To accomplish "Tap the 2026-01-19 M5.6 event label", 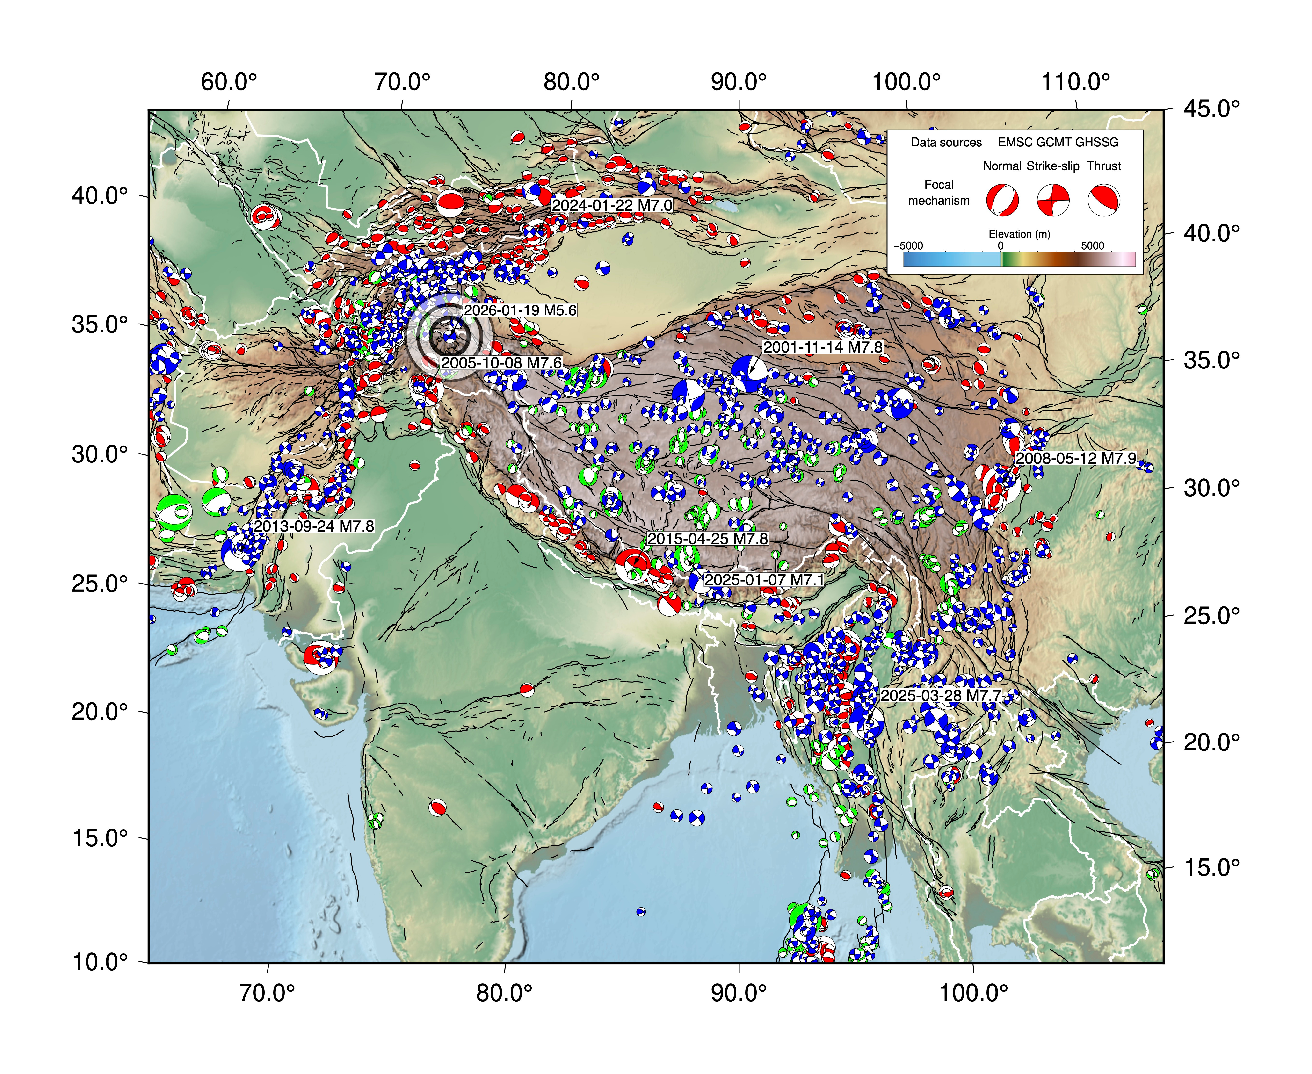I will (x=520, y=310).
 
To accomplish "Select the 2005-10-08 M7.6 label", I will (x=501, y=362).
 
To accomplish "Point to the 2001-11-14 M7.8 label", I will (x=822, y=347).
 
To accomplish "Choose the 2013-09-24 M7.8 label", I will (x=314, y=526).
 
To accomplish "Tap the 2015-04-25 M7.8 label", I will (x=707, y=539).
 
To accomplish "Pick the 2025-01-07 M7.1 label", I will (x=764, y=580).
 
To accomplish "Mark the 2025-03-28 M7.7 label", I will (x=940, y=695).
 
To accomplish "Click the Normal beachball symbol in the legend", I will (x=1002, y=200).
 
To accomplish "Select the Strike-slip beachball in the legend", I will (x=1053, y=200).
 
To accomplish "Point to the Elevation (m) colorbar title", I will (x=1019, y=234).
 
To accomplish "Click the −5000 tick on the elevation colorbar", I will (x=908, y=246).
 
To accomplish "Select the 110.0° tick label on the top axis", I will (x=1076, y=81).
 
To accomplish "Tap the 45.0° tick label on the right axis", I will (x=1211, y=109).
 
